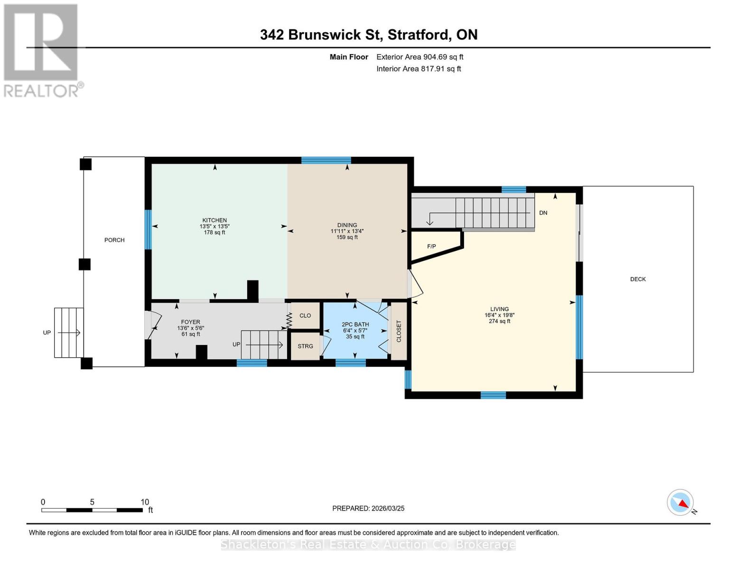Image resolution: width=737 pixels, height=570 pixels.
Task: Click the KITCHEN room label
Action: point(215,220)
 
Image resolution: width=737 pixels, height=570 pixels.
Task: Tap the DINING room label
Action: point(347,225)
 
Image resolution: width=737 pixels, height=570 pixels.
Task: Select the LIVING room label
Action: point(499,309)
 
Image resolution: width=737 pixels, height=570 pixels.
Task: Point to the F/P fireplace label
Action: point(431,247)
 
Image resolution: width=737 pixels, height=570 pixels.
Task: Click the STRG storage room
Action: point(305,346)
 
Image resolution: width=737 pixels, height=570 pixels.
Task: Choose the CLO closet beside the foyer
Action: point(305,316)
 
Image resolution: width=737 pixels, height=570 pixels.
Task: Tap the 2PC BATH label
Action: point(355,325)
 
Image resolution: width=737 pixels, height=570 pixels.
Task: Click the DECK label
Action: point(638,279)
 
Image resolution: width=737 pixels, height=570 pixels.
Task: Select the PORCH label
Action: point(114,240)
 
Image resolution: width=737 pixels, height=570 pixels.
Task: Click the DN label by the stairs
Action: point(543,213)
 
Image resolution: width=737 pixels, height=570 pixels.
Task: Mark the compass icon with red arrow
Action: point(681,503)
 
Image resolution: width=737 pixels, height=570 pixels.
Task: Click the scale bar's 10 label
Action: point(145,502)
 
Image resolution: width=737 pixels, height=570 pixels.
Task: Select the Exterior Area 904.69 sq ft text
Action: point(420,57)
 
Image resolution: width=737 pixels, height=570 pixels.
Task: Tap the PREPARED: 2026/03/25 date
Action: point(368,508)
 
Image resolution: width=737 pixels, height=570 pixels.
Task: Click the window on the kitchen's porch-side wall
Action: point(148,230)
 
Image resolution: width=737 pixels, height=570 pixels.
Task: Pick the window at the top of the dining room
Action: point(326,160)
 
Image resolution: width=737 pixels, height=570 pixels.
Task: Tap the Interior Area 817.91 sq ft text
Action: point(419,69)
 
